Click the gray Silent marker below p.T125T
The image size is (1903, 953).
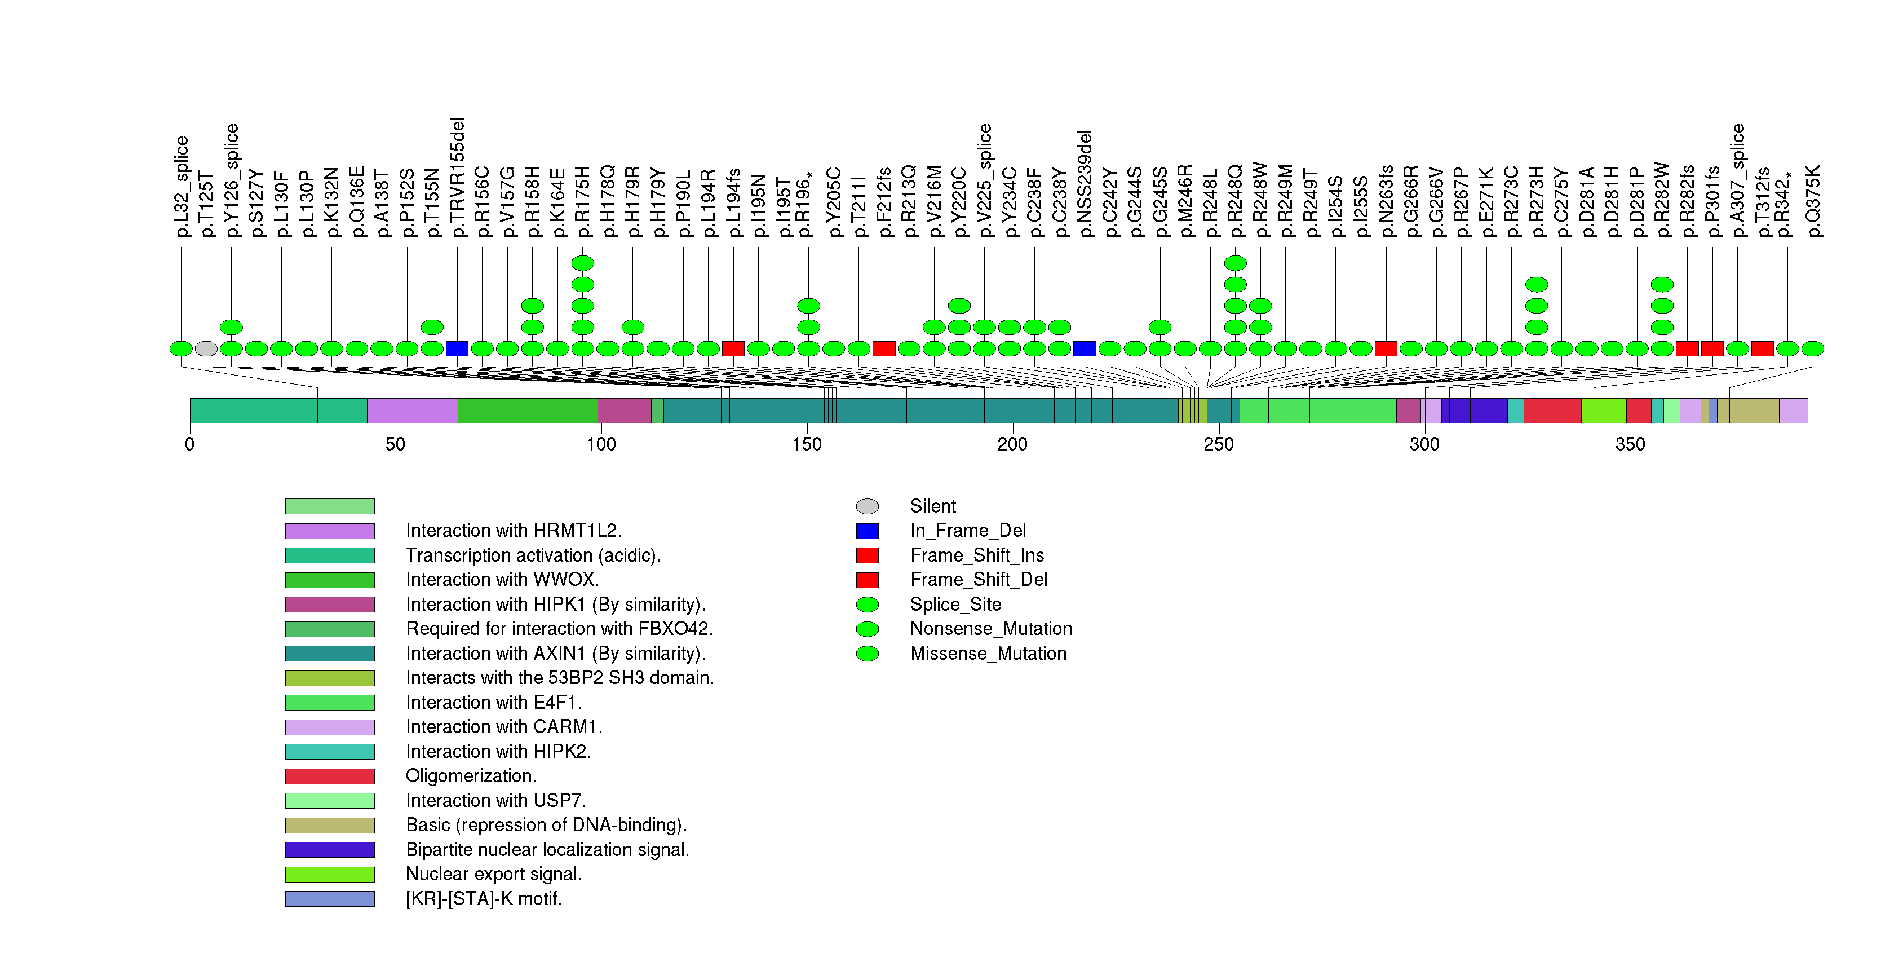[206, 348]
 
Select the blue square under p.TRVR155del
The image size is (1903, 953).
[457, 348]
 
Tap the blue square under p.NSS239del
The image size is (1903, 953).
[1085, 348]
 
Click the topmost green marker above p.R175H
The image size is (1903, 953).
[583, 263]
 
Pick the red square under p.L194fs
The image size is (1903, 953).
[733, 348]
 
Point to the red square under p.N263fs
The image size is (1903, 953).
[1386, 348]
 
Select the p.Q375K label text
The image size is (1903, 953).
[1813, 201]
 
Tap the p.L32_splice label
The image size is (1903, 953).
[182, 186]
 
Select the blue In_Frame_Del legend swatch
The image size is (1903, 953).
[868, 531]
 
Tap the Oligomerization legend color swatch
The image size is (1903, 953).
[330, 776]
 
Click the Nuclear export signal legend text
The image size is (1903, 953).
[493, 875]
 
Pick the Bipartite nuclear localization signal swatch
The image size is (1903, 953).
[330, 850]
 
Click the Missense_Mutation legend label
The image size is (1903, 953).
[989, 654]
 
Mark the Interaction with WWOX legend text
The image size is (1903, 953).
[502, 580]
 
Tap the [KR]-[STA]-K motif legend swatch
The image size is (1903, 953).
[330, 899]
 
